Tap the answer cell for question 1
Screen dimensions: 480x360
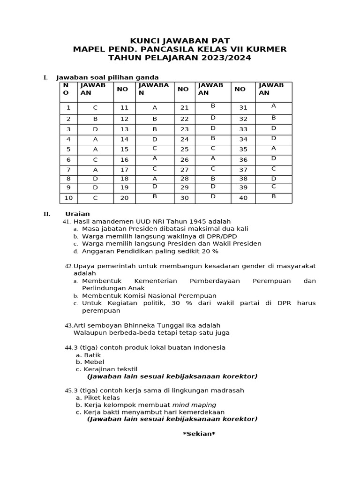pyautogui.click(x=95, y=108)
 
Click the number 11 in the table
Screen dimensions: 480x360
pyautogui.click(x=124, y=108)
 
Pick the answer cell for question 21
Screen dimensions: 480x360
pyautogui.click(x=213, y=106)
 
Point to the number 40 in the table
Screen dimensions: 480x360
pyautogui.click(x=243, y=198)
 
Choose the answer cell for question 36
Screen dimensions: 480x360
pyautogui.click(x=274, y=158)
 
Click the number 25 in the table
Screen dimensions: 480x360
pyautogui.click(x=185, y=150)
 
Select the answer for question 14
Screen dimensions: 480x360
pyautogui.click(x=155, y=139)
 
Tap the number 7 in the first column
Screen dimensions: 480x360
pyautogui.click(x=68, y=170)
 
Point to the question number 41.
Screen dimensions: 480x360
pyautogui.click(x=67, y=221)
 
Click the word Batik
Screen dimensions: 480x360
pyautogui.click(x=92, y=355)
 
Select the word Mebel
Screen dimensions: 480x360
pyautogui.click(x=94, y=362)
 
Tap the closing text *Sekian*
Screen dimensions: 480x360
pyautogui.click(x=199, y=434)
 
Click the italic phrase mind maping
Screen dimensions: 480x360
pyautogui.click(x=194, y=405)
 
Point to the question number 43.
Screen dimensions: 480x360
pyautogui.click(x=68, y=325)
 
